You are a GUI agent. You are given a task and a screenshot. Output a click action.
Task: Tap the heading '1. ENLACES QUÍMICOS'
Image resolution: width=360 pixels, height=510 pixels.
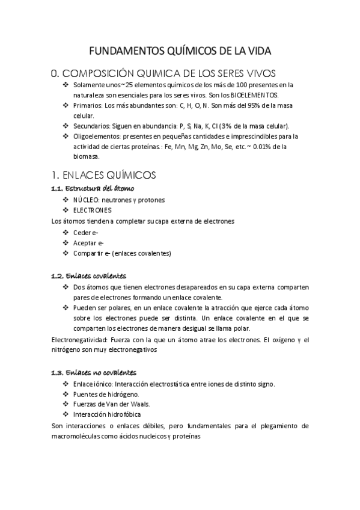tap(105, 175)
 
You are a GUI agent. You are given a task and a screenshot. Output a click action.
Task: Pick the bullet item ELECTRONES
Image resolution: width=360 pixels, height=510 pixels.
tap(93, 210)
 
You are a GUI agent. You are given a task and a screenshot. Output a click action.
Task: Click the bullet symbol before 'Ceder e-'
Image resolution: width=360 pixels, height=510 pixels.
tap(66, 232)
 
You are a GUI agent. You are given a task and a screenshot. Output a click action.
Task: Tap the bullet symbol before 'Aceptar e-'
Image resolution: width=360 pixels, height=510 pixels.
tap(66, 242)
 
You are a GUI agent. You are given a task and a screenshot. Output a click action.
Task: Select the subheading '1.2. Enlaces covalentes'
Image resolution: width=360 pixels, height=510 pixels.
tap(89, 276)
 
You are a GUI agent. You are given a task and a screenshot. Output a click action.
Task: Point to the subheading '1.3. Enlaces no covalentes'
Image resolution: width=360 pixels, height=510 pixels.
tap(94, 373)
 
